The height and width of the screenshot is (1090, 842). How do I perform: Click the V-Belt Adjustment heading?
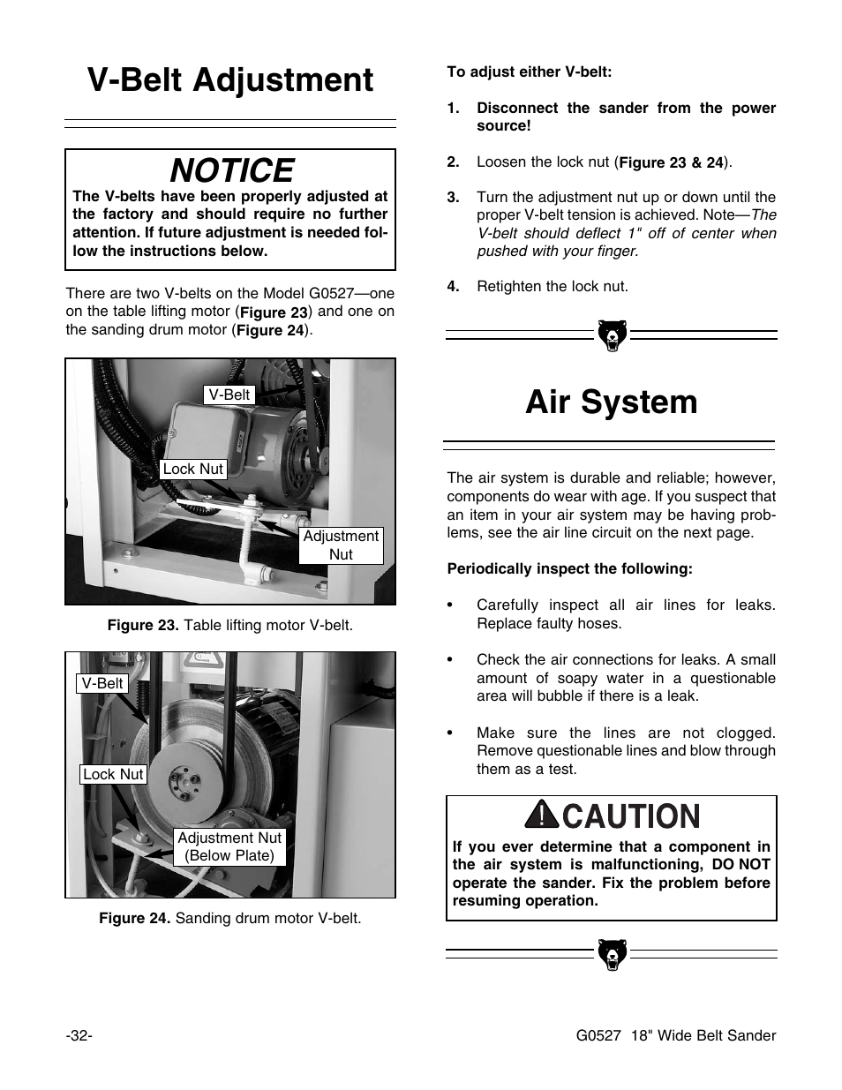pos(230,80)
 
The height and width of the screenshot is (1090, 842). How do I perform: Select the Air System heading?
pos(611,402)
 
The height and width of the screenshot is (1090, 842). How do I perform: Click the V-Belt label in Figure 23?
pos(229,395)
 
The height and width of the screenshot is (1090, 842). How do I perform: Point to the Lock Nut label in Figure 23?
pos(192,469)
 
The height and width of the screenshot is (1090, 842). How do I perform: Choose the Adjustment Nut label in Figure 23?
pos(340,545)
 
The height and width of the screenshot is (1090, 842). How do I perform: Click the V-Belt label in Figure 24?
pos(102,683)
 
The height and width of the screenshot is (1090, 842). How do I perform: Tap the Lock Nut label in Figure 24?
pos(113,774)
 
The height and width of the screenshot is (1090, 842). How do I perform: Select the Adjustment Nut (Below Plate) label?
pos(229,846)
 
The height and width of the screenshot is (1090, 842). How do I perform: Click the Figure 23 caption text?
pos(229,625)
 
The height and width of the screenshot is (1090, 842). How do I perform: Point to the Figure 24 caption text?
pos(229,918)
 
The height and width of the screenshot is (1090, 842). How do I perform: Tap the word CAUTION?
pos(630,816)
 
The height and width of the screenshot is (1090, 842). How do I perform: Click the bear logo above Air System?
pos(611,335)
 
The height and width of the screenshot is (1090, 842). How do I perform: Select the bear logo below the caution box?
pos(611,954)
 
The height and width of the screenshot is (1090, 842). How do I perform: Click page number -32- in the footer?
pos(79,1035)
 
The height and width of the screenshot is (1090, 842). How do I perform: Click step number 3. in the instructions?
pos(454,197)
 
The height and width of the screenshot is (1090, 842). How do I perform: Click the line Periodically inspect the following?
pos(569,568)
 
